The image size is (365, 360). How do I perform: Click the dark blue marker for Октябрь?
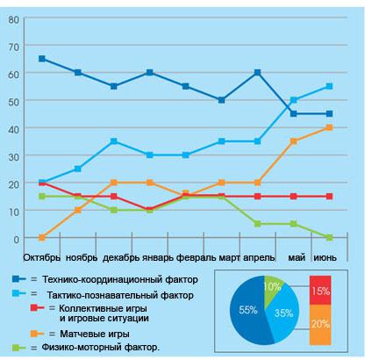(x=42, y=59)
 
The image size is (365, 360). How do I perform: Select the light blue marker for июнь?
(x=329, y=86)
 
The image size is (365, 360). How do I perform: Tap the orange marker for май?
(x=293, y=141)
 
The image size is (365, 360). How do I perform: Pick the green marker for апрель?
(x=257, y=224)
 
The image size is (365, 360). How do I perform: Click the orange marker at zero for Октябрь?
(x=42, y=238)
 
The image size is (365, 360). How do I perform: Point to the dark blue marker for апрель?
(x=257, y=73)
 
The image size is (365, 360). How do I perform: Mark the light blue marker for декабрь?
(x=114, y=141)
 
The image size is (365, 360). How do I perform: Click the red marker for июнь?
(x=329, y=196)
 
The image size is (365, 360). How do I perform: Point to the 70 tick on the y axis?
(x=14, y=47)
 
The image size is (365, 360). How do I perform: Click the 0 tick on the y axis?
(x=16, y=240)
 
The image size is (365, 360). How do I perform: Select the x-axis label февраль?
(x=196, y=258)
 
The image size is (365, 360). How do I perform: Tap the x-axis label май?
(x=297, y=258)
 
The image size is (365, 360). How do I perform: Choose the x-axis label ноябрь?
(x=82, y=258)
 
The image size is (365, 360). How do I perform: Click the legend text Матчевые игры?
(x=95, y=334)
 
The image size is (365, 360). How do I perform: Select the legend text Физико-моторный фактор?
(x=101, y=348)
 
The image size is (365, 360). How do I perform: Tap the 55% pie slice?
(x=247, y=310)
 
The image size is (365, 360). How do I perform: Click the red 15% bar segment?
(x=320, y=290)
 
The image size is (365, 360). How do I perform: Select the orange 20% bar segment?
(x=320, y=325)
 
